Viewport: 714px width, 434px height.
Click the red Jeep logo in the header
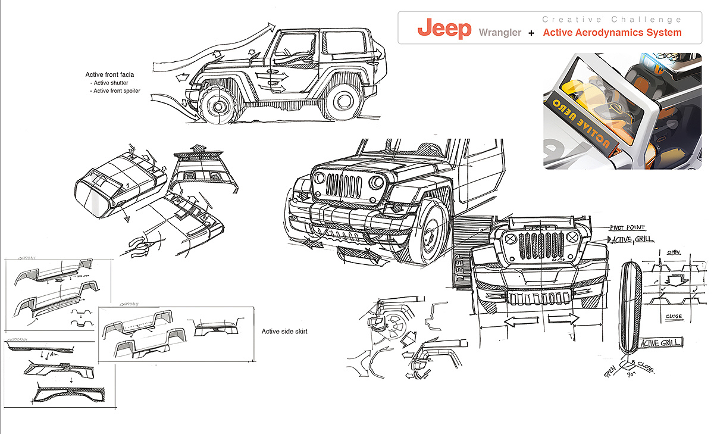[444, 29]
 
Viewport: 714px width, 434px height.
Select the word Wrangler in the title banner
[500, 32]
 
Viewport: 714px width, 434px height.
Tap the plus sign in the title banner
[531, 33]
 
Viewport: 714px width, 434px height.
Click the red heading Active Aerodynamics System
[612, 33]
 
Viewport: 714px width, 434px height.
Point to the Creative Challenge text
[612, 19]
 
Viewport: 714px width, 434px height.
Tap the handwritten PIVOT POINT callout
[627, 227]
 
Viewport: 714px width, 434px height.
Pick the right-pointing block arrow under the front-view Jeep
[562, 319]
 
